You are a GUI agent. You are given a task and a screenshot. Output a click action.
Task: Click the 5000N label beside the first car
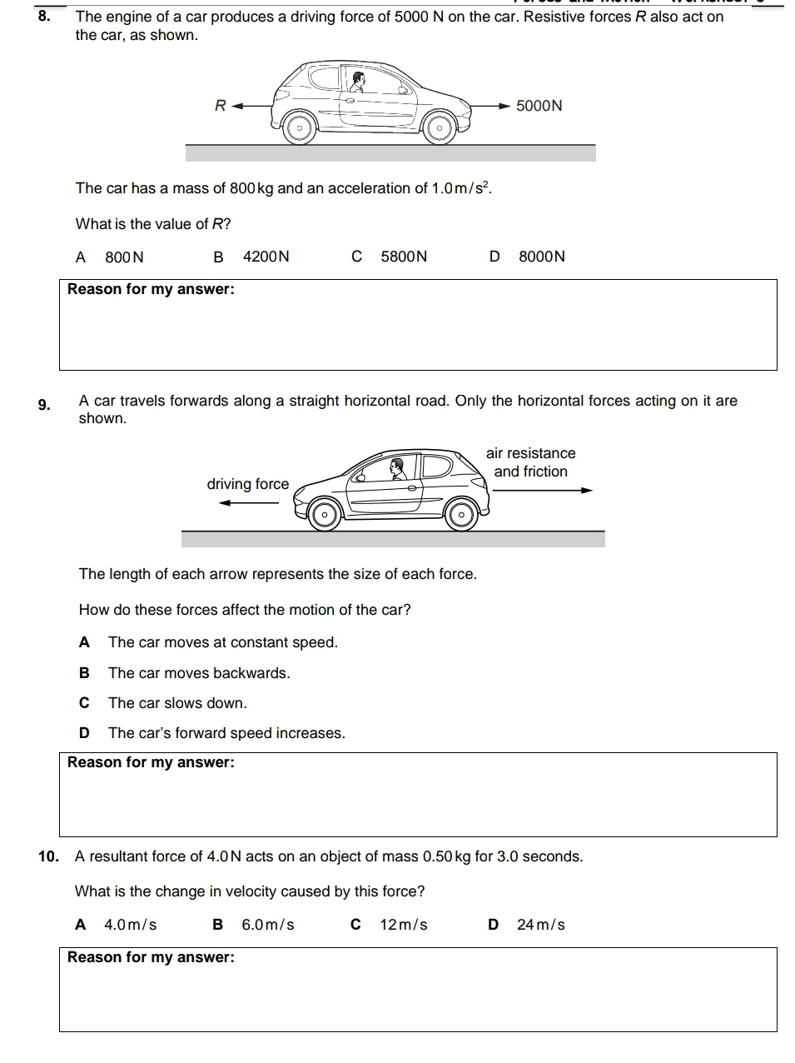(x=539, y=106)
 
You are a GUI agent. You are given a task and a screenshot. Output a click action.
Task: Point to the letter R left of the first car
(x=220, y=106)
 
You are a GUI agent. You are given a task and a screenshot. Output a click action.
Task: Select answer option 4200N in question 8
(x=266, y=257)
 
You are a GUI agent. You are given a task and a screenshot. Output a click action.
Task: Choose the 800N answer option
(x=124, y=257)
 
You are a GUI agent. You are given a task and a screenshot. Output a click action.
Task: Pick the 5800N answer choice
(x=404, y=257)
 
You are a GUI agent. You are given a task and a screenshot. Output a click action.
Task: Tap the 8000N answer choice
(x=541, y=257)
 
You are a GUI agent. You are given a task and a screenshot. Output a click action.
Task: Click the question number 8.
(x=46, y=16)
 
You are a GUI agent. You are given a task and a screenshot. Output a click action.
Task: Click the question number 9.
(x=46, y=406)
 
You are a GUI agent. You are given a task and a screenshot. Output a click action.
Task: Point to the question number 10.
(x=48, y=856)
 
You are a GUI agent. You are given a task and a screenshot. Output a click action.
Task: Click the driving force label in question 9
(x=247, y=484)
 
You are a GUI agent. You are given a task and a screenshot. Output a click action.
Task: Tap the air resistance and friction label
(x=531, y=462)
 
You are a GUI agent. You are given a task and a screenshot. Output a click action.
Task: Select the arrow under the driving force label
(x=248, y=502)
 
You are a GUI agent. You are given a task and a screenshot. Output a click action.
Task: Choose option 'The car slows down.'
(x=177, y=703)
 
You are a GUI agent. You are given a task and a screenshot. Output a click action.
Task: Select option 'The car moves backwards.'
(x=199, y=673)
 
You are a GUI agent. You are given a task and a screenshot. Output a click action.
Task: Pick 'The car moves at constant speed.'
(x=223, y=642)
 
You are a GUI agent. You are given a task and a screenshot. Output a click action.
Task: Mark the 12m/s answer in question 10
(x=403, y=925)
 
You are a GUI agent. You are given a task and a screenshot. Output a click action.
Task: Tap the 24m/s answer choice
(x=540, y=925)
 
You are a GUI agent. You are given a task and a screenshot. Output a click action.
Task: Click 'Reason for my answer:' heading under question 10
(x=151, y=957)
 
